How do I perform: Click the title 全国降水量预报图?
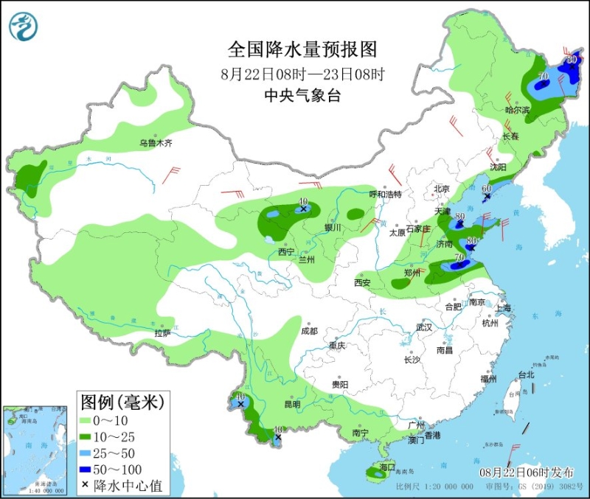click(302, 50)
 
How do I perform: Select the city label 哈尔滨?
click(517, 110)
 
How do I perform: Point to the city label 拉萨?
click(162, 334)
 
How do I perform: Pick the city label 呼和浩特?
click(385, 194)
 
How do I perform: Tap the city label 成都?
click(309, 332)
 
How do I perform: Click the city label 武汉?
click(423, 327)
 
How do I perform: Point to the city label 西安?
click(361, 282)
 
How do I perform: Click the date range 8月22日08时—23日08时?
click(302, 74)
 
